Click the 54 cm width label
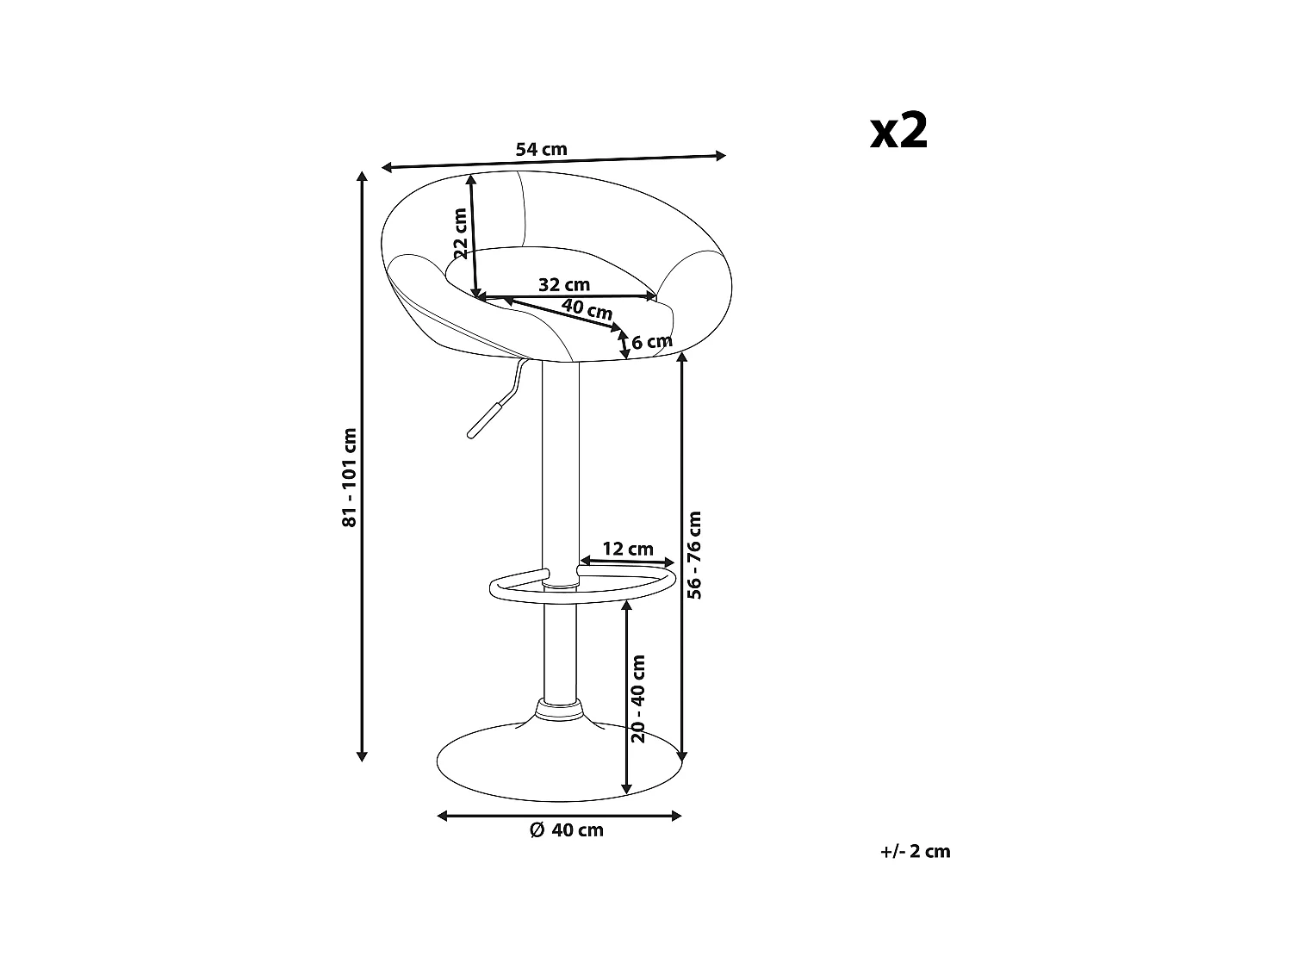click(x=541, y=149)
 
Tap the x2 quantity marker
click(x=898, y=132)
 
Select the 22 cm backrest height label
click(x=461, y=233)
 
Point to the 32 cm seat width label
click(x=564, y=284)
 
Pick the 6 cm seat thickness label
click(x=651, y=342)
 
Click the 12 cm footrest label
click(x=627, y=549)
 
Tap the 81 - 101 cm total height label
click(x=350, y=477)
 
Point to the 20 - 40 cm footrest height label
click(x=638, y=699)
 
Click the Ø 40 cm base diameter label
click(x=566, y=830)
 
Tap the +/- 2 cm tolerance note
click(x=916, y=851)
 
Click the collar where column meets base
click(x=560, y=711)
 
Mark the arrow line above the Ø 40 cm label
click(x=560, y=815)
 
